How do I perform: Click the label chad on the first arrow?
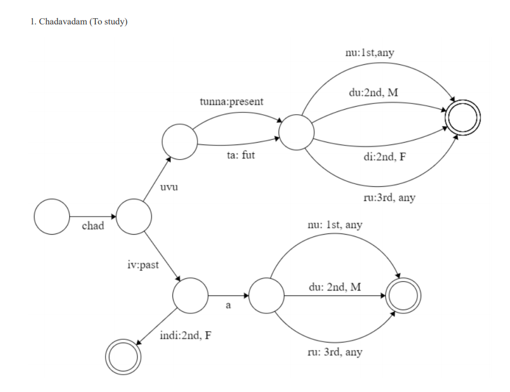(x=93, y=226)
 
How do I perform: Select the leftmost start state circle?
(x=51, y=216)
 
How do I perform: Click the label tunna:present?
(x=231, y=102)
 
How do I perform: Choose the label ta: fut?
(x=241, y=155)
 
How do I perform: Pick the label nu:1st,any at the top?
(x=369, y=53)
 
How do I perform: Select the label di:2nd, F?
(x=384, y=157)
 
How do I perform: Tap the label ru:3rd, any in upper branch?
(x=389, y=197)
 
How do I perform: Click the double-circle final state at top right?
(x=463, y=118)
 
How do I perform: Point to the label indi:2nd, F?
(x=186, y=335)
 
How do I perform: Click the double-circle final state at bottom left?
(x=123, y=357)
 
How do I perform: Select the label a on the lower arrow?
(x=229, y=306)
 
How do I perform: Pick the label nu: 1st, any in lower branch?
(x=335, y=225)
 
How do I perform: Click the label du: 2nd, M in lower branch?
(x=335, y=287)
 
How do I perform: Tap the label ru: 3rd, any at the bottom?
(x=335, y=352)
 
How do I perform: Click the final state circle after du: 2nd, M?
(x=403, y=296)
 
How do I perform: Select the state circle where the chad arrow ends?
(x=134, y=216)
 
